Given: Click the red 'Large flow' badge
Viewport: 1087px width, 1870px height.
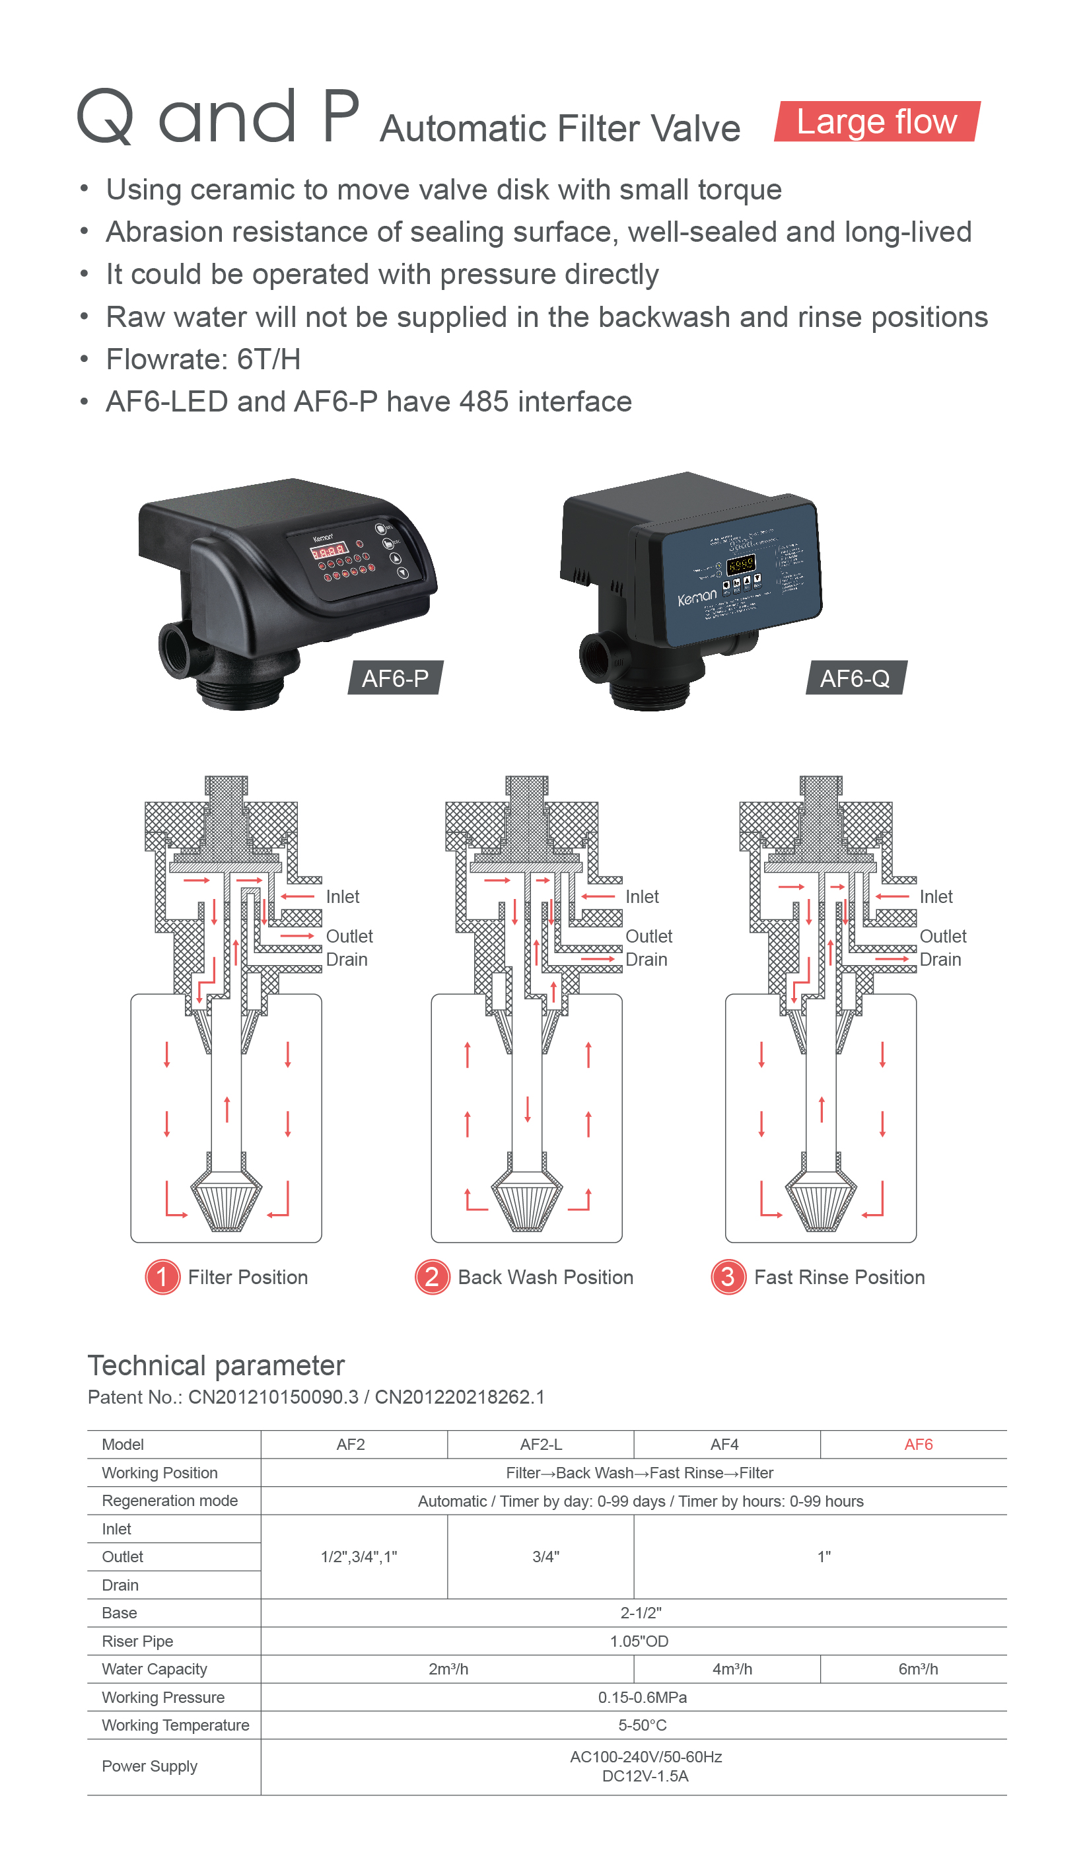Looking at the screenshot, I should (876, 122).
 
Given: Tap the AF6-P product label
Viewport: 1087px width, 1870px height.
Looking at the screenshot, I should (395, 678).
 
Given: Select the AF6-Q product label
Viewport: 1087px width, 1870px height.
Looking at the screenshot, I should (855, 678).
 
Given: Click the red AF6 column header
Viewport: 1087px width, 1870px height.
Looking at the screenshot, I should (918, 1444).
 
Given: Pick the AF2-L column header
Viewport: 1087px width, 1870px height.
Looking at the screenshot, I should (540, 1444).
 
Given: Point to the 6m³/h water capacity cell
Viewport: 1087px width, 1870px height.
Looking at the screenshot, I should (918, 1669).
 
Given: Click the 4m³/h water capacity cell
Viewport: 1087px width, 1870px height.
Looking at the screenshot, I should (732, 1669).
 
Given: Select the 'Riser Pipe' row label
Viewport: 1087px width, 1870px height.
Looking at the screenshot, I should (137, 1641).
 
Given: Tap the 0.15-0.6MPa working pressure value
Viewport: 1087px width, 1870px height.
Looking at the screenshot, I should (642, 1697).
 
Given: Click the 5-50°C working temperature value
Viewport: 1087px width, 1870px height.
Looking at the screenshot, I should (642, 1725).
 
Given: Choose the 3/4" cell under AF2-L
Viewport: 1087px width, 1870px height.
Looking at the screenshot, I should (545, 1557).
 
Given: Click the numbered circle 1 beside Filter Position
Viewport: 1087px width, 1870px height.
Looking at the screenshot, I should (162, 1277).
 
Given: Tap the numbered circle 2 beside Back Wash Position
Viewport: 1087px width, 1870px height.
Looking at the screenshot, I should (432, 1277).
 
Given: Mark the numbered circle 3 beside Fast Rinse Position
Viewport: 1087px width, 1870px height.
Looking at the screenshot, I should (728, 1277).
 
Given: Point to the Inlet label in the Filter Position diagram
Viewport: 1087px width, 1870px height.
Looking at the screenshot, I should (342, 896).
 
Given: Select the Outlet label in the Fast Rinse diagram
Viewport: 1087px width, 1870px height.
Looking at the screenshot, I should (942, 937).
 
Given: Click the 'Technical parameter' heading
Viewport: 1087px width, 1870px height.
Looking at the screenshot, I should (216, 1365).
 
